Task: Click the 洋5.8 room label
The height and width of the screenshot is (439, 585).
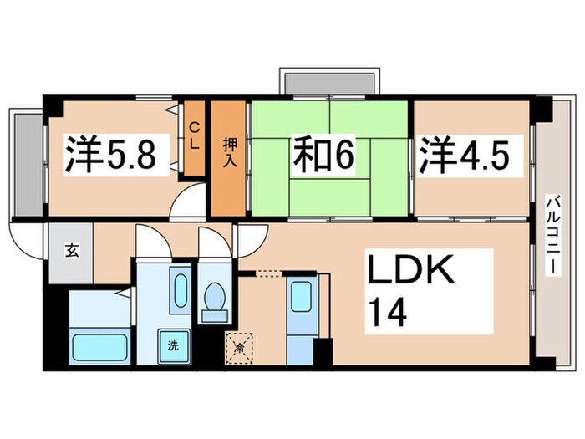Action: (110, 156)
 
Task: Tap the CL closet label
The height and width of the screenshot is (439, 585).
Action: (194, 135)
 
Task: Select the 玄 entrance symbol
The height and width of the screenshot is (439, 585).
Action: (72, 250)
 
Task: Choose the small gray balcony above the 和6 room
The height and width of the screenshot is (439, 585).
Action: (328, 82)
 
